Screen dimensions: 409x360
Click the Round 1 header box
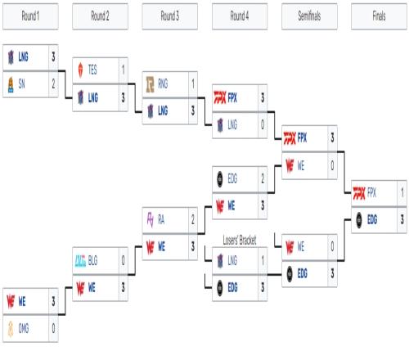[x=30, y=16]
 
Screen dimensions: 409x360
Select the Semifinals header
[x=309, y=16]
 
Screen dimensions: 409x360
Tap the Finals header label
[x=379, y=16]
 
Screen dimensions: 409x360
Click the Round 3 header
[x=170, y=16]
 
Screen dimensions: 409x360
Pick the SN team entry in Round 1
[x=26, y=84]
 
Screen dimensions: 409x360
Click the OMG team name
[x=24, y=328]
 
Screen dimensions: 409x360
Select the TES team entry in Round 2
[x=96, y=70]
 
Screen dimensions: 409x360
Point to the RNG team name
[x=163, y=83]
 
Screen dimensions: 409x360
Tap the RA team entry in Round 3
[x=165, y=220]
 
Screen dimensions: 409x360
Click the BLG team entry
[x=96, y=260]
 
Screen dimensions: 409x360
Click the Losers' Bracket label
[x=240, y=241]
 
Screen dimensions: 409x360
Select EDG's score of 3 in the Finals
[x=402, y=219]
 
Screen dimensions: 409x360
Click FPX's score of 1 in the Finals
[x=402, y=192]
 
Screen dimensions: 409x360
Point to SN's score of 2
[x=53, y=83]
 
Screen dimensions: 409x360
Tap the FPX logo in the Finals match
[x=359, y=193]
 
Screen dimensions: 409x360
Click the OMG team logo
[x=11, y=328]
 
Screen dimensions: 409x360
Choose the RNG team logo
[x=151, y=84]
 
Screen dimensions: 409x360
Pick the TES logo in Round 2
[x=80, y=70]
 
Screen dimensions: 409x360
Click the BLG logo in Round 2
[x=80, y=261]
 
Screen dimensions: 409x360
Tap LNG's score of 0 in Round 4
[x=263, y=124]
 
